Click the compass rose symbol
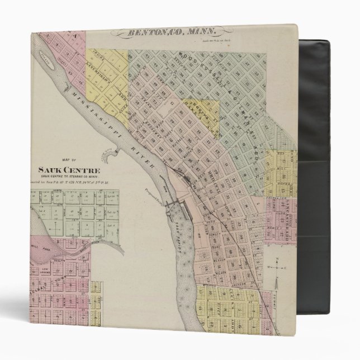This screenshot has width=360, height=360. [276, 267]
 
